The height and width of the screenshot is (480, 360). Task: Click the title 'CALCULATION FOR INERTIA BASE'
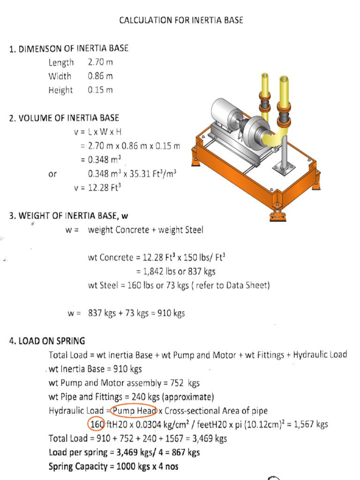pos(181,20)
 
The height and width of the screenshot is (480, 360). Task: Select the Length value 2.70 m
pos(100,62)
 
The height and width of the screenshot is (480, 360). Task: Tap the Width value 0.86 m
pos(100,76)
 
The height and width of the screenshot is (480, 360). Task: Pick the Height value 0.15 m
pos(100,90)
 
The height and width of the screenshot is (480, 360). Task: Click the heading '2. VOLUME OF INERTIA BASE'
pos(64,118)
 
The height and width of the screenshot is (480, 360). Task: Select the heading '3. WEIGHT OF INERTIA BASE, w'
pos(68,216)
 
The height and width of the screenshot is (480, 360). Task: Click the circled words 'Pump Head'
pos(134,411)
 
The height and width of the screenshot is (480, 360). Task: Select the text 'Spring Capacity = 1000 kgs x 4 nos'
pos(113,466)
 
